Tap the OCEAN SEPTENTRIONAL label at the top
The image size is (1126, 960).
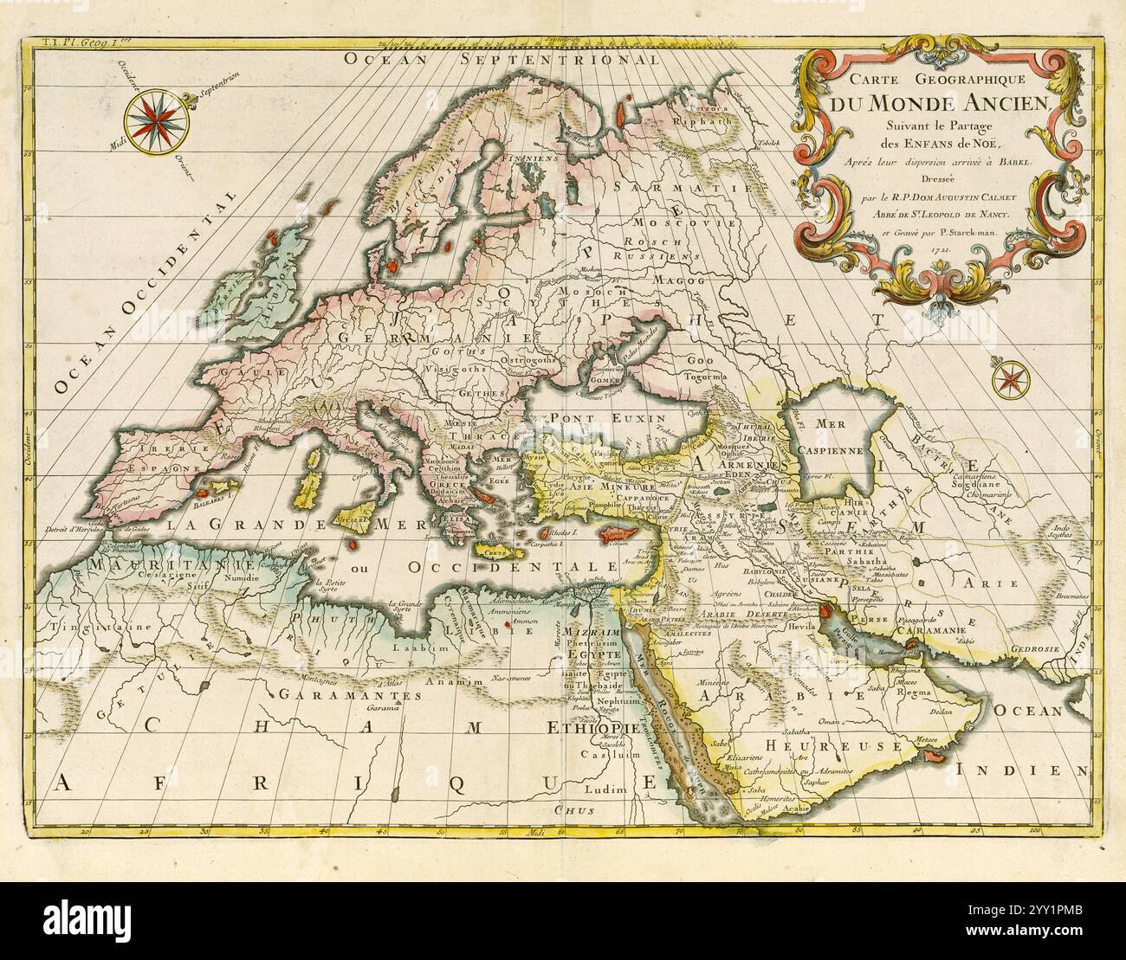501,60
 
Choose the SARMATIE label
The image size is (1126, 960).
682,186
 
